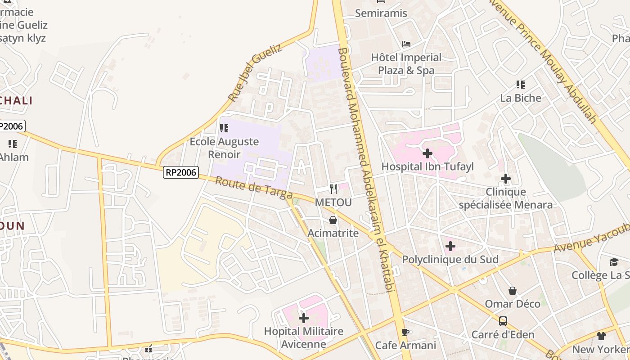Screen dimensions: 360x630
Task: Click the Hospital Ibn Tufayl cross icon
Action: (x=427, y=153)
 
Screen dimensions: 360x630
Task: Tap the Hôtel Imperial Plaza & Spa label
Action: (x=406, y=64)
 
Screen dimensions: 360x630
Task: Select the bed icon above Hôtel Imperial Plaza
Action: (x=406, y=44)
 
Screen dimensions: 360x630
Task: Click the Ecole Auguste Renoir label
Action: (x=224, y=148)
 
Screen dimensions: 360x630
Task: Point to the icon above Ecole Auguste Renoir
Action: (x=224, y=128)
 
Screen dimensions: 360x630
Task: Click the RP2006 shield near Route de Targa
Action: (x=181, y=172)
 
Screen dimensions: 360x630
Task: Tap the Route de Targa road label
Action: (x=254, y=188)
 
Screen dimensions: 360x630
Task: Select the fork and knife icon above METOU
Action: (x=333, y=189)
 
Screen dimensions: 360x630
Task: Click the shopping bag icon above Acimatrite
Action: (x=333, y=220)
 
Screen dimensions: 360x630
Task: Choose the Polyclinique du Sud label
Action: (x=450, y=260)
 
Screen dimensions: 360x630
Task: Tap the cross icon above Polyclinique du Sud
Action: (x=450, y=246)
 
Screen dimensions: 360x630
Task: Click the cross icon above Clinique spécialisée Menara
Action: (x=505, y=179)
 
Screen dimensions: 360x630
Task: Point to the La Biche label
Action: (x=521, y=98)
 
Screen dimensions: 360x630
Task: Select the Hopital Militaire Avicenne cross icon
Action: (x=304, y=318)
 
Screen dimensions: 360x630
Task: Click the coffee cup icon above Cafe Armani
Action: (x=405, y=332)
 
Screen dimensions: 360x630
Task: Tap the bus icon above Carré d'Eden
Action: (x=503, y=321)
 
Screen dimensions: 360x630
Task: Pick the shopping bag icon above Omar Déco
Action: (x=512, y=291)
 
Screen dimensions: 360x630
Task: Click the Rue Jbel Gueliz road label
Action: (x=255, y=72)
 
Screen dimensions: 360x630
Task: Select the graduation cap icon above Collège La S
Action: (x=614, y=262)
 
